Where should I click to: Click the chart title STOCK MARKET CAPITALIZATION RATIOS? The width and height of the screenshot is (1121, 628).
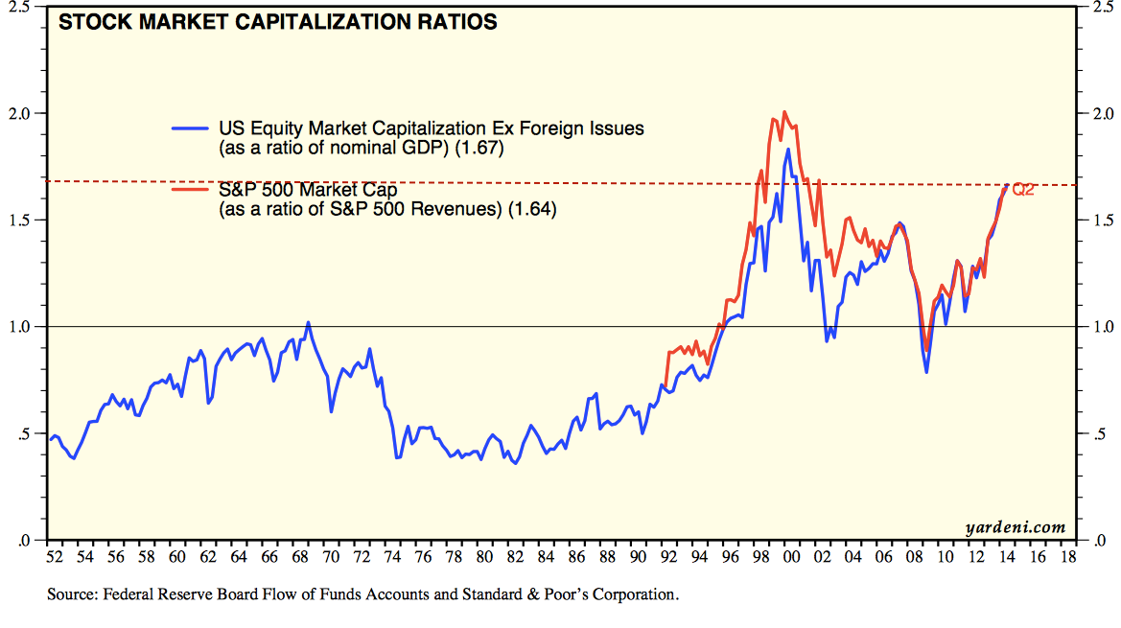point(278,22)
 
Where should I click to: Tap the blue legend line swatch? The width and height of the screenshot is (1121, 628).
point(189,128)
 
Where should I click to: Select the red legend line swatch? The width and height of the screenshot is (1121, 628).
point(189,188)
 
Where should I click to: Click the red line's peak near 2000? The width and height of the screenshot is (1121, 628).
point(784,111)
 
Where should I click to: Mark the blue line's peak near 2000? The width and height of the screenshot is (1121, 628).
point(788,149)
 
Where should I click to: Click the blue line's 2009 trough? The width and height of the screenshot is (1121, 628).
point(926,371)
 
